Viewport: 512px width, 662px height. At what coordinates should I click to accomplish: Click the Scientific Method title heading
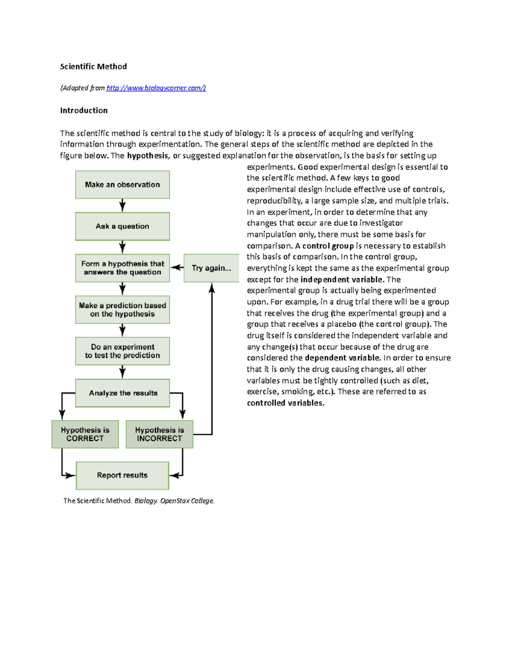tap(93, 66)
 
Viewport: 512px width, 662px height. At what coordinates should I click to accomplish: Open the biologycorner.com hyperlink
tap(156, 88)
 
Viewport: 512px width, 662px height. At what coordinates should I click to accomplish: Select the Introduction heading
tap(84, 110)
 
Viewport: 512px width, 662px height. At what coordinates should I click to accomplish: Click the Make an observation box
tap(122, 185)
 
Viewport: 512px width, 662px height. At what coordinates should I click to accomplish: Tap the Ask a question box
tap(122, 226)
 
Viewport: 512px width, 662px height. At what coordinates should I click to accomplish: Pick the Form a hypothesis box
tap(122, 268)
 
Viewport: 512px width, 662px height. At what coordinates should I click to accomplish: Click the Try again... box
tap(211, 268)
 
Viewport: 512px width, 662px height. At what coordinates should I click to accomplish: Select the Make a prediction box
tap(122, 310)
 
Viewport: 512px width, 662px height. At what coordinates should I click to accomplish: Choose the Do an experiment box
tap(122, 351)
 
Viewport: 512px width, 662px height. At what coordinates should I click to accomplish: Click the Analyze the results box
tap(122, 393)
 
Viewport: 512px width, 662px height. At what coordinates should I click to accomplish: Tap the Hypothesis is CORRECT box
tap(85, 434)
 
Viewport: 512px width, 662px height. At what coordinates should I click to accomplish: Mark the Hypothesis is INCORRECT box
tap(159, 434)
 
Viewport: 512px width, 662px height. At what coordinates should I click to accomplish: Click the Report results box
tap(122, 475)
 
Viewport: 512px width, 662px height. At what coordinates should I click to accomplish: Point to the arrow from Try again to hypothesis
tap(177, 268)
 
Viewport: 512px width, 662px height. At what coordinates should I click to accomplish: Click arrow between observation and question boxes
tap(122, 205)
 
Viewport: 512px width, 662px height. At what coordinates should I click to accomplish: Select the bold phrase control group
tap(328, 246)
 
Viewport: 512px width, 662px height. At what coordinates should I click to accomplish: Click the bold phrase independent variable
tap(341, 280)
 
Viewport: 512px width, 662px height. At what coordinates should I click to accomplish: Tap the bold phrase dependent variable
tap(342, 358)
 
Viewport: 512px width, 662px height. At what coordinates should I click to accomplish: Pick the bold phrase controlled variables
tap(285, 403)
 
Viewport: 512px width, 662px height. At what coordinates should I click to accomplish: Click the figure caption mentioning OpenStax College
tap(139, 501)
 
